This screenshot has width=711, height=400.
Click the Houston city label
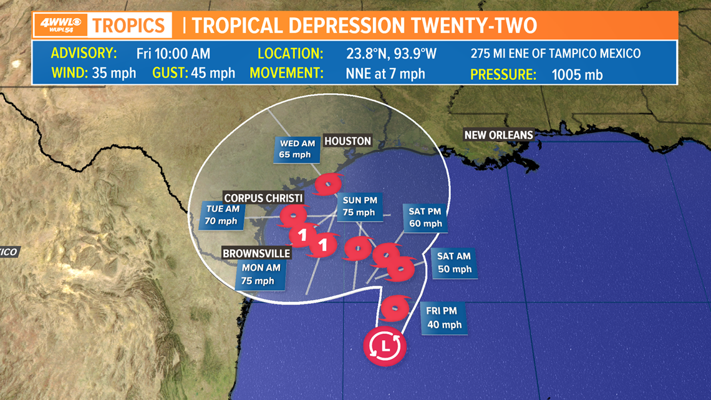click(x=347, y=141)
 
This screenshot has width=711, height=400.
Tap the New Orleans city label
click(x=498, y=135)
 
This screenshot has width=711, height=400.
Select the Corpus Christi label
click(x=264, y=198)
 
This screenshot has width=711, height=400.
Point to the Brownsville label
click(x=257, y=253)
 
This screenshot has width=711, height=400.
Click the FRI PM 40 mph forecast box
click(x=444, y=317)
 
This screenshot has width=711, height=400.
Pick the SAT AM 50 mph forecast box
click(x=454, y=262)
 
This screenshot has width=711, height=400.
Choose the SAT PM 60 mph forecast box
click(x=425, y=217)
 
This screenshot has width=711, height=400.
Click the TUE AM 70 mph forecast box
click(x=221, y=215)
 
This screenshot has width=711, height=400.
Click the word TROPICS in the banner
click(x=130, y=26)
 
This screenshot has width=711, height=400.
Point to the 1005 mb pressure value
click(x=577, y=75)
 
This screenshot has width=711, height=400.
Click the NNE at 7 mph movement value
click(x=385, y=74)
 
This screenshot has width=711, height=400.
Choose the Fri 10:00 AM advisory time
click(x=173, y=53)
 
